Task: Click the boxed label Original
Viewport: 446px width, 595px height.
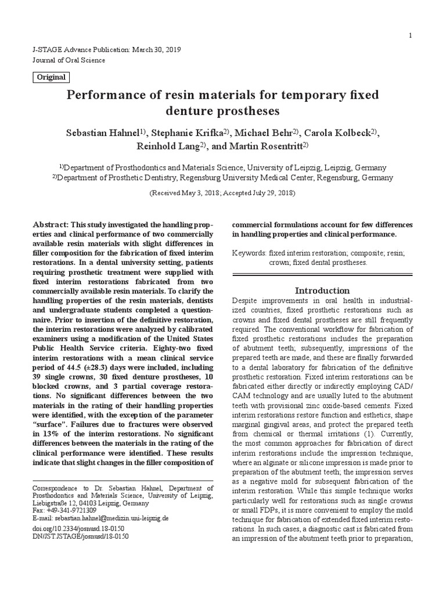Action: coord(51,77)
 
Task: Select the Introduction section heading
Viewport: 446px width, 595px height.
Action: coord(322,291)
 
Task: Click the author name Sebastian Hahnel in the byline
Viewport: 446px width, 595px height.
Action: coord(103,132)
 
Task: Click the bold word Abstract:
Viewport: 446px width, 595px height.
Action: coord(51,225)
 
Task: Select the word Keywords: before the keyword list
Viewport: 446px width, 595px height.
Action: coord(249,254)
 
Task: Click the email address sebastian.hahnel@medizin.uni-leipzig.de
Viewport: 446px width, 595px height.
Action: coord(109,517)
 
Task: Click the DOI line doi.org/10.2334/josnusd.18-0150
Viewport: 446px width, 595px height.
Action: coord(78,528)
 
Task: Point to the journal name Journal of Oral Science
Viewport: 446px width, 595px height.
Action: coord(69,60)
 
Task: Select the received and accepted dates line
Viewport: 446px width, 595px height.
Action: coord(222,192)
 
